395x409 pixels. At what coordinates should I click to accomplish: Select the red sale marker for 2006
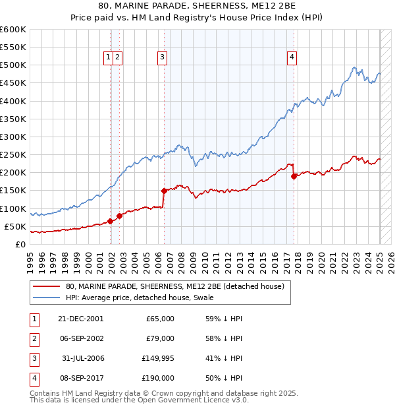(164, 191)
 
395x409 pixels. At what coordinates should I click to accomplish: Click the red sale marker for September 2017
(294, 176)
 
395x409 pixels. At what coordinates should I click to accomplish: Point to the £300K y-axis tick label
(13, 137)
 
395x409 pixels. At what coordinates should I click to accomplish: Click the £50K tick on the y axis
(15, 226)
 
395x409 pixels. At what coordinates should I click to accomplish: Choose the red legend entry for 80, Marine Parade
(174, 286)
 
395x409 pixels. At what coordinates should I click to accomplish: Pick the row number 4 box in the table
(33, 378)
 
